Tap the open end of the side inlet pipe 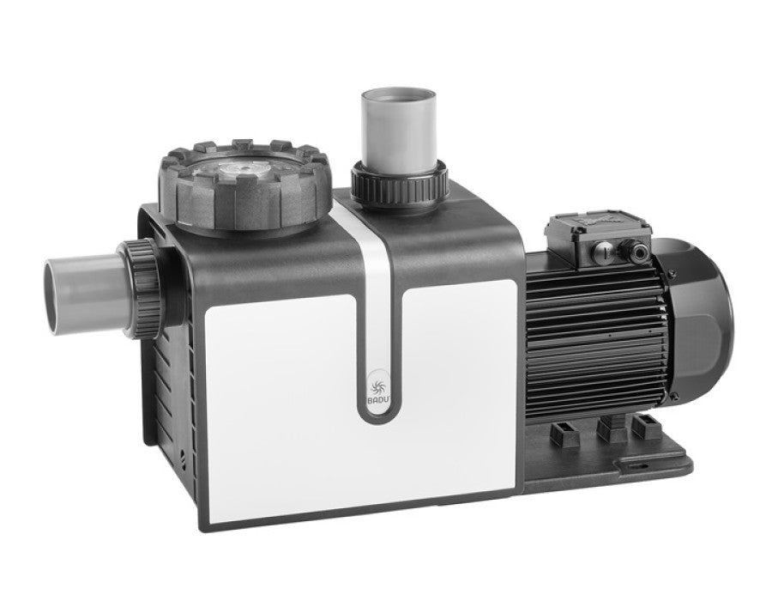(54, 290)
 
